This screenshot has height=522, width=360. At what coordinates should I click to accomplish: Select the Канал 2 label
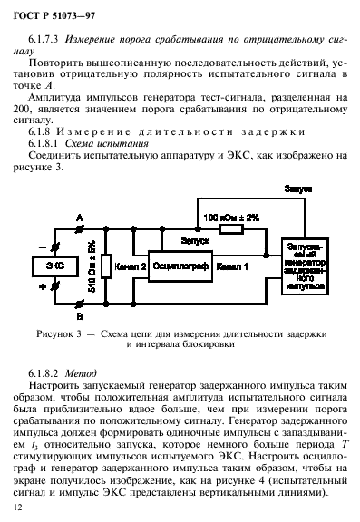[x=131, y=267]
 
